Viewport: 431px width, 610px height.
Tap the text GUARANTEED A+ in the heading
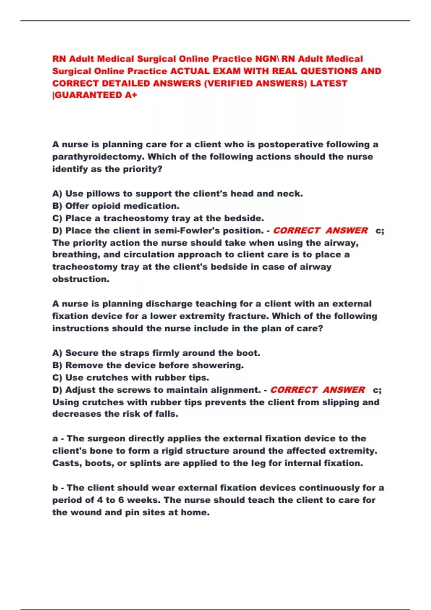tap(96, 95)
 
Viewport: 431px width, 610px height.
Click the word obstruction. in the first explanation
tap(81, 279)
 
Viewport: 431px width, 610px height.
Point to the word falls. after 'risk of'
tap(167, 414)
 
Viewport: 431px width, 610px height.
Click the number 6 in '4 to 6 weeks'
tap(121, 500)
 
